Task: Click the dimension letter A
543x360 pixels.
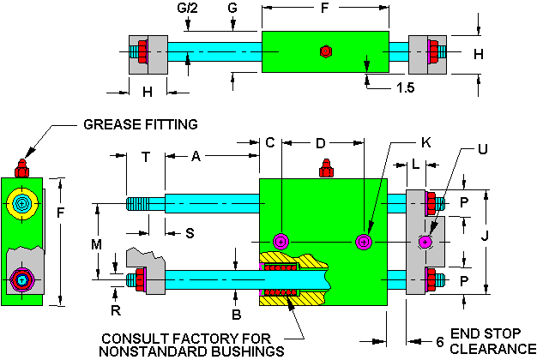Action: tap(196, 157)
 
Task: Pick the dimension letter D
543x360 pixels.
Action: tap(320, 142)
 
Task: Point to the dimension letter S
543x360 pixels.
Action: tap(166, 232)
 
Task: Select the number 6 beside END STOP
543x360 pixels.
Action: tap(440, 341)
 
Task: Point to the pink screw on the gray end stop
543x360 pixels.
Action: tap(425, 243)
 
